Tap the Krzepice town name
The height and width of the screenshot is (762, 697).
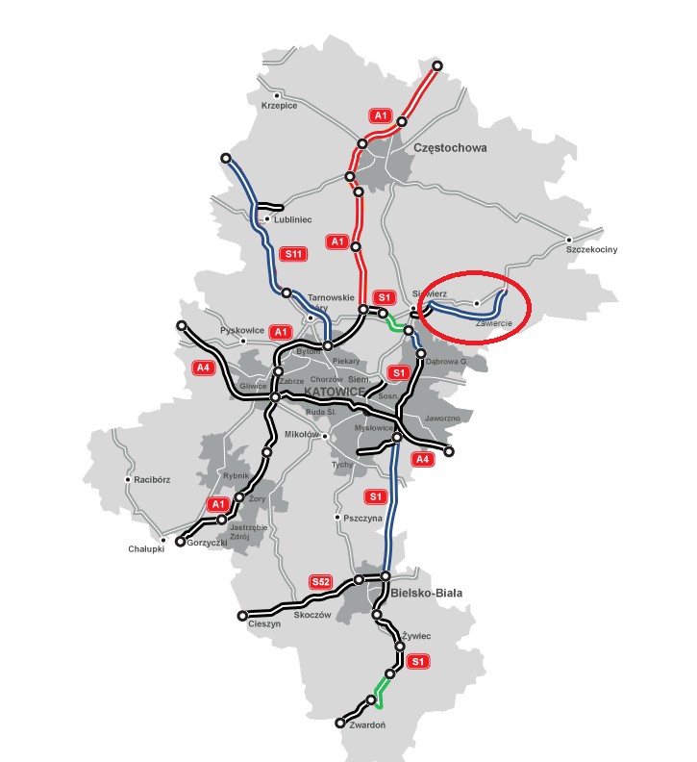coord(280,106)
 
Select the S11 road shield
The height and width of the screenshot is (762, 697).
coord(293,254)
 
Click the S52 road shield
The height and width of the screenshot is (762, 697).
coord(321,582)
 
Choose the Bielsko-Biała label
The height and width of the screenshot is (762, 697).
coord(428,594)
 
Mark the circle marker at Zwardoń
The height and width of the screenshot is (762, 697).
coord(340,724)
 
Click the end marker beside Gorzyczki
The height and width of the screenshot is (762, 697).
coord(179,542)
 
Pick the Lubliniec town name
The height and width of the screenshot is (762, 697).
coord(293,219)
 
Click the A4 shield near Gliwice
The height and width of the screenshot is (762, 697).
coord(203,367)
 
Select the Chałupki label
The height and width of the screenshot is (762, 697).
coord(146,549)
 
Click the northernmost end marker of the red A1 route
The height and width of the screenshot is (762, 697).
coord(437,65)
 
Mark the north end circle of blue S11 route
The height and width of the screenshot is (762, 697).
coord(226,158)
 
